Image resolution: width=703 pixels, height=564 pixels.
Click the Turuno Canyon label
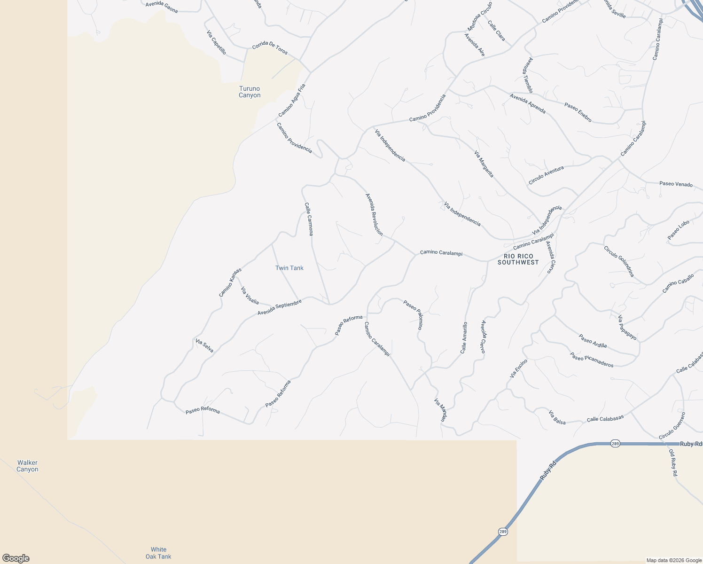point(249,92)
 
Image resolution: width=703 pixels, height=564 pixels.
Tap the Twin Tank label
point(289,268)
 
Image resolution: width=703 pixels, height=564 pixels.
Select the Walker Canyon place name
point(27,466)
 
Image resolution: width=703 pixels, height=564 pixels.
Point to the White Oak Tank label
point(158,553)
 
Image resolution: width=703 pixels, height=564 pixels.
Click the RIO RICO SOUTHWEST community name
point(518,259)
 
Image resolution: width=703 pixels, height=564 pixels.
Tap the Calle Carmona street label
point(309,219)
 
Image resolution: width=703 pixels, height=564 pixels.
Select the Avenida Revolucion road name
point(374,215)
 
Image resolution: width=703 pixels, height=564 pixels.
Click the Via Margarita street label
point(484,164)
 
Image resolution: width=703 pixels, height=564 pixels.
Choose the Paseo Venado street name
point(676,184)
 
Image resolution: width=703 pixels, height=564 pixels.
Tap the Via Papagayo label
point(627,328)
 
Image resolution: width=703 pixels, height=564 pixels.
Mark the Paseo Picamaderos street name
point(592,360)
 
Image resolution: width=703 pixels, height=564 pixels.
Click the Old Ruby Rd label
point(673,463)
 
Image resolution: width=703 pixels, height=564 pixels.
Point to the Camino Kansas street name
point(230,282)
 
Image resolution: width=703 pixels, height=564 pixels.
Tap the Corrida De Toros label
point(270,48)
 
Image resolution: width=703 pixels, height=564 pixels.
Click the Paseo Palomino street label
point(414,314)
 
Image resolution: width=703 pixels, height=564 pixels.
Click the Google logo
point(16,558)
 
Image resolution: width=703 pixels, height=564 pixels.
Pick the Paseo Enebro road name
point(578,112)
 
